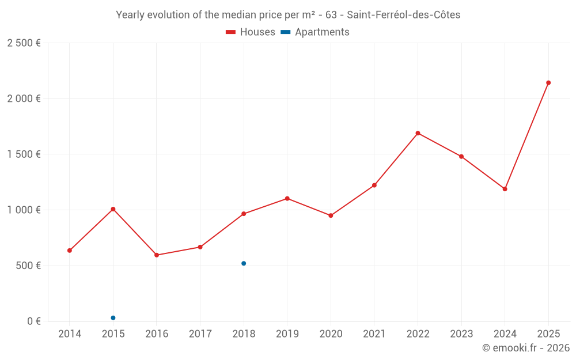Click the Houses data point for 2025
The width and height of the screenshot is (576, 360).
[548, 83]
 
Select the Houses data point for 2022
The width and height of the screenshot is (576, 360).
[418, 133]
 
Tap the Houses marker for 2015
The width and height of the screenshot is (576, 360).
[113, 209]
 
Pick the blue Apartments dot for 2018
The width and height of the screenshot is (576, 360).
[244, 263]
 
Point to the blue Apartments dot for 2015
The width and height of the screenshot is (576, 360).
[113, 318]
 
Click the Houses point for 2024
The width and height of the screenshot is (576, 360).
[505, 189]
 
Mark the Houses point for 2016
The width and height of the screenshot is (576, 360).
[157, 255]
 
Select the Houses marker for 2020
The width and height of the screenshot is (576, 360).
[331, 215]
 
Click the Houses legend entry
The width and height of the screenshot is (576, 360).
[251, 32]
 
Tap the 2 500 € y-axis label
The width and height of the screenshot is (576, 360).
[24, 43]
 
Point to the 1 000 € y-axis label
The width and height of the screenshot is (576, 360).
[24, 210]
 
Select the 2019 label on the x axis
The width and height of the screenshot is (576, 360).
[287, 334]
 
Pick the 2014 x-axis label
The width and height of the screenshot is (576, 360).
[70, 334]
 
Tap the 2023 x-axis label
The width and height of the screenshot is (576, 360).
[461, 334]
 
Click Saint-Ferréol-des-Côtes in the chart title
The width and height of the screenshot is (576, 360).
[403, 15]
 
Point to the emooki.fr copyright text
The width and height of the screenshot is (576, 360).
[525, 348]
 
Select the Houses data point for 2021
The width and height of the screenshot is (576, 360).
[374, 185]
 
